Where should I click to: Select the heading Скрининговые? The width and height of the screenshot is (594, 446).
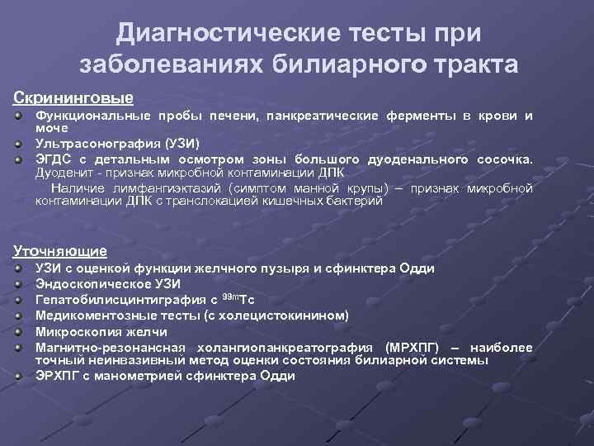pyautogui.click(x=73, y=97)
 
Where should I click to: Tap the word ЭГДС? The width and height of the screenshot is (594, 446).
pyautogui.click(x=51, y=159)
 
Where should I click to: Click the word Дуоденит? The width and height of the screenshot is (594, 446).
pyautogui.click(x=63, y=173)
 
